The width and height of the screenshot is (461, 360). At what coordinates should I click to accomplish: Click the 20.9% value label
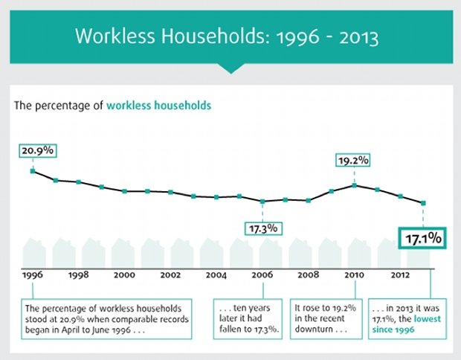tap(36, 150)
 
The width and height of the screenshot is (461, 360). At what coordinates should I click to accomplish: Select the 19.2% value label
tap(354, 160)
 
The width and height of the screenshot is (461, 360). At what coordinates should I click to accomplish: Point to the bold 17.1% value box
tap(424, 240)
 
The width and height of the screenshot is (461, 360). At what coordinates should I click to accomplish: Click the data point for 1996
tap(33, 171)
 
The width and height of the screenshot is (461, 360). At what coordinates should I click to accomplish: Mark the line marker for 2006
tap(262, 202)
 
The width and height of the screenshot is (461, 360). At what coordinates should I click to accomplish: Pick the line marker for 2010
tap(355, 184)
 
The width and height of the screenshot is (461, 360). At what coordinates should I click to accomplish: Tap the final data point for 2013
tap(424, 203)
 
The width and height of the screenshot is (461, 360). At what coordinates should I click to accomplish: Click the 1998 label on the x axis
tap(78, 274)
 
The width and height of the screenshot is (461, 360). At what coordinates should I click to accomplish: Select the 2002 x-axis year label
tap(170, 274)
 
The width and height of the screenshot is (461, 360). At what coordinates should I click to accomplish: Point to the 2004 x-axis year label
tap(216, 274)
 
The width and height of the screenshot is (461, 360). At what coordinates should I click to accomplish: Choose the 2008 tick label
tap(308, 274)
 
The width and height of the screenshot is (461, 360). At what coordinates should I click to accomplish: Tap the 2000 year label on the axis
tap(124, 274)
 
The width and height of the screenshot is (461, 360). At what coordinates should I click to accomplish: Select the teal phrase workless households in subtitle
tap(158, 105)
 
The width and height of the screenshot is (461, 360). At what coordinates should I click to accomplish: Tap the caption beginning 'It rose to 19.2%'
tap(325, 318)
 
